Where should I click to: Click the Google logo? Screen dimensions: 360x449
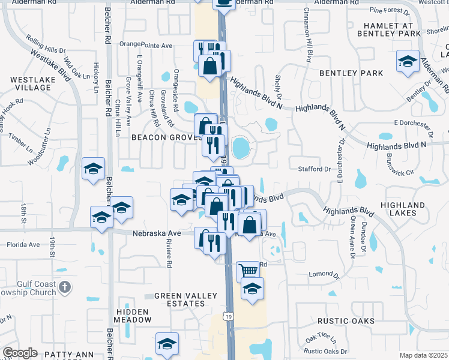coord(20,353)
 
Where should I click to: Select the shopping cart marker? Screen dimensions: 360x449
coord(247,271)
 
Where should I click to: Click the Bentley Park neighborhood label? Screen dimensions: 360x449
coord(351,73)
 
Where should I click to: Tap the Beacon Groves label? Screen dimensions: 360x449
coord(165,137)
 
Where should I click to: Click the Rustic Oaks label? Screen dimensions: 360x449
coord(347,321)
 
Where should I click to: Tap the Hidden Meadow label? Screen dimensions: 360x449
coord(134,316)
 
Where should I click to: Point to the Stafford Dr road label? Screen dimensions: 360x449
coord(315,170)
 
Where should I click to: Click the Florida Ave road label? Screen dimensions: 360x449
coord(23,245)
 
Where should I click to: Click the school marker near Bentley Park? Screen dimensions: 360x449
coord(408,62)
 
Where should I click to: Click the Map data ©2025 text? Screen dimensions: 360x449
coord(423,355)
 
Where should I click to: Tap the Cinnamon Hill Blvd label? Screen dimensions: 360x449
coord(309,35)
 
